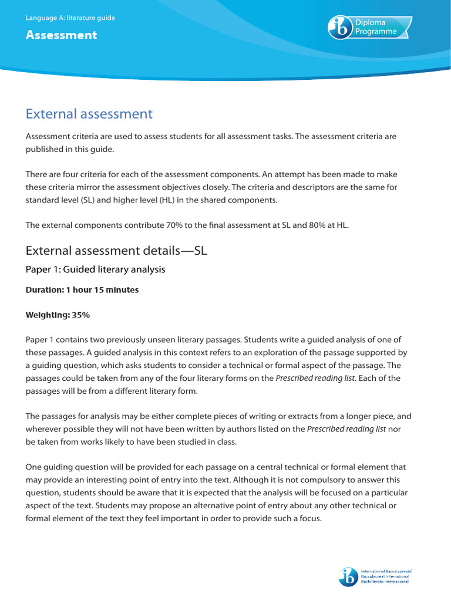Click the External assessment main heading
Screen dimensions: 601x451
point(89,114)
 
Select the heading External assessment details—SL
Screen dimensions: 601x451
point(116,251)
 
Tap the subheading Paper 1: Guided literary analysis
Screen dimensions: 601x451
point(96,269)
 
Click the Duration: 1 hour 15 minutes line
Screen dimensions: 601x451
point(82,290)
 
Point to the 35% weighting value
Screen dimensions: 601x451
point(80,315)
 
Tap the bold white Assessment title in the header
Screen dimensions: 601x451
point(61,35)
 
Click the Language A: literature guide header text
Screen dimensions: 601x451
point(70,18)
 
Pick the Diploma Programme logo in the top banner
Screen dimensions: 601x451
point(370,27)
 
